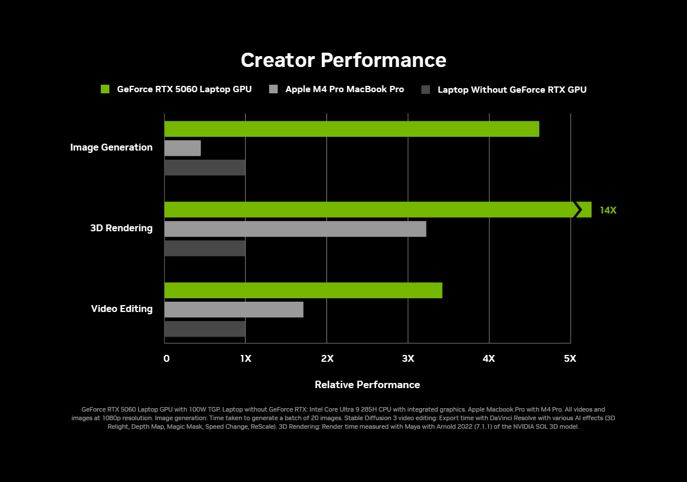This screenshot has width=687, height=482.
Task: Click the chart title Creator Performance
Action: [x=343, y=60]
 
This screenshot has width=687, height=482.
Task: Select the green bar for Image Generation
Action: [x=352, y=129]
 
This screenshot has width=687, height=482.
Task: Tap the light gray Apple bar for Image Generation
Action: [x=183, y=148]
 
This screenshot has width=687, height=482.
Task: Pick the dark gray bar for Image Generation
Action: [x=204, y=168]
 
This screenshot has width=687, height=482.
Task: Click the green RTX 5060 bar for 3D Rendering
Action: [x=366, y=210]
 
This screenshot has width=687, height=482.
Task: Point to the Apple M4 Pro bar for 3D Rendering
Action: [x=295, y=229]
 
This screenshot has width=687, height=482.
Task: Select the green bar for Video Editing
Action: [x=303, y=290]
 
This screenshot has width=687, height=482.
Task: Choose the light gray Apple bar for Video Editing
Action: [x=234, y=310]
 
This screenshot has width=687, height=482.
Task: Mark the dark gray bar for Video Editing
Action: [x=204, y=329]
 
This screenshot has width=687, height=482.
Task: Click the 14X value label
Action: [x=608, y=210]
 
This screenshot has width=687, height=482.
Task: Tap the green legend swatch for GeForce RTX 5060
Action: [x=105, y=89]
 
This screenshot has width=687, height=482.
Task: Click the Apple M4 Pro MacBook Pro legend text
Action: [x=345, y=89]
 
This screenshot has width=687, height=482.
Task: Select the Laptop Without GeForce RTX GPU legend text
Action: [x=512, y=89]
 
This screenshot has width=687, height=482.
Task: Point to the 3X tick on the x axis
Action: [x=408, y=358]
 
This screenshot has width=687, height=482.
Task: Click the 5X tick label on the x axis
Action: [x=570, y=358]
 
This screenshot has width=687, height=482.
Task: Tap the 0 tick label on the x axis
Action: [x=166, y=358]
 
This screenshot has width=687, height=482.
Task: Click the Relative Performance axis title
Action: [x=367, y=385]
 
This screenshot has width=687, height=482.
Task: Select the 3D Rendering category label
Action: [x=121, y=228]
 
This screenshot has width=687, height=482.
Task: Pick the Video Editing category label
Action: [x=122, y=309]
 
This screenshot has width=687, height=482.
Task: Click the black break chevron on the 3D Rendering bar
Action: [x=577, y=210]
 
